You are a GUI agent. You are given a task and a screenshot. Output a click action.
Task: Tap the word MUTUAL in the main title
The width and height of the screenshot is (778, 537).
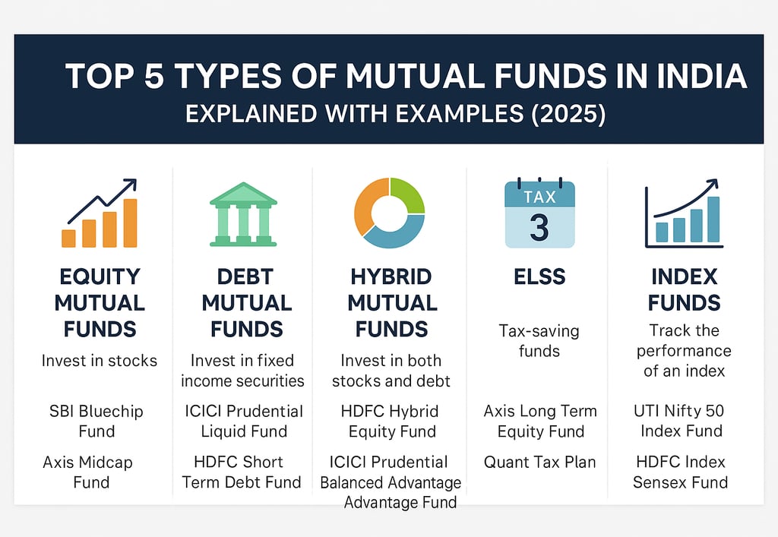click(x=415, y=76)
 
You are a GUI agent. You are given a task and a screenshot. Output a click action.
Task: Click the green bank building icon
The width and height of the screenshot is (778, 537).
click(x=243, y=214)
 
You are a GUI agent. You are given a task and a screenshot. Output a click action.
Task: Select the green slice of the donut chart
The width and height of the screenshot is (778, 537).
click(x=408, y=195)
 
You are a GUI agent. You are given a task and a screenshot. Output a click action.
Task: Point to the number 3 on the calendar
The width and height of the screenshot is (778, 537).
click(x=539, y=227)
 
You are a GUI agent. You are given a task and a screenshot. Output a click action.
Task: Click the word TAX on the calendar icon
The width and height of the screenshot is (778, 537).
click(x=540, y=197)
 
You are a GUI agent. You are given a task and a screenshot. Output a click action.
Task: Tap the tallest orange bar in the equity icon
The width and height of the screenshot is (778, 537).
click(x=130, y=223)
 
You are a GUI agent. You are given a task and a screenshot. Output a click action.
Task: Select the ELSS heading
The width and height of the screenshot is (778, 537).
click(x=539, y=276)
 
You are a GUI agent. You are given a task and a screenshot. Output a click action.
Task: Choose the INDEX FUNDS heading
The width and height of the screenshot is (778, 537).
click(x=685, y=289)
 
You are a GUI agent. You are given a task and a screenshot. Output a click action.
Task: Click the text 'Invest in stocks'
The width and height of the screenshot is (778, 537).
click(x=100, y=361)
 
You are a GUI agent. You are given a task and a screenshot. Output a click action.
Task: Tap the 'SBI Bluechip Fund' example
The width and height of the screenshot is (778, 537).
click(x=96, y=421)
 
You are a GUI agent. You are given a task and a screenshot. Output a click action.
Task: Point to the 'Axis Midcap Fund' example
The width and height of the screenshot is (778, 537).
click(x=88, y=472)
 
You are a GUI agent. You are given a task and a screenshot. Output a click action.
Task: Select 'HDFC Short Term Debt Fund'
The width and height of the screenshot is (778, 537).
click(x=242, y=472)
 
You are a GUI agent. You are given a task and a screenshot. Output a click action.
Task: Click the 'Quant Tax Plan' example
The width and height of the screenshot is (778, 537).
click(x=540, y=462)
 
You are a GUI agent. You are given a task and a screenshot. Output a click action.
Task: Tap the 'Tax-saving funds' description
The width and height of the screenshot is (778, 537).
click(x=539, y=340)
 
